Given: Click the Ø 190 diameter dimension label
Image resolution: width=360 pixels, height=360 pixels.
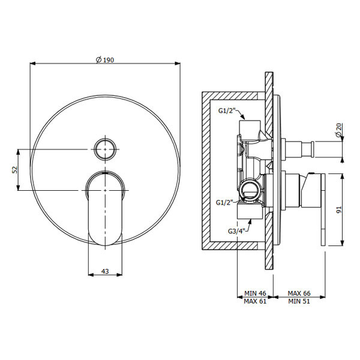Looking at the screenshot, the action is [x=104, y=60].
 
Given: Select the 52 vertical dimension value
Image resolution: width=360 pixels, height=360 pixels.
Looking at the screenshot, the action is [x=14, y=170].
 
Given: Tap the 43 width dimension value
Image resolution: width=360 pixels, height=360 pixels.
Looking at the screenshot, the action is [x=105, y=271].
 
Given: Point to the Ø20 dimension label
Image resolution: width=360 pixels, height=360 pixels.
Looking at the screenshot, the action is [x=338, y=130].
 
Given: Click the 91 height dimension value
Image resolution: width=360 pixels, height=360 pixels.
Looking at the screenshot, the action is [x=339, y=209].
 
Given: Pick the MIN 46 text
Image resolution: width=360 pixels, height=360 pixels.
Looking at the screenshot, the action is [x=255, y=293].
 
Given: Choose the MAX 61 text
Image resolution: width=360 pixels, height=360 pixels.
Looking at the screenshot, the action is [x=255, y=301].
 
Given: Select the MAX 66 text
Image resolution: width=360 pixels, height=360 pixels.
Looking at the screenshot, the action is [x=299, y=293].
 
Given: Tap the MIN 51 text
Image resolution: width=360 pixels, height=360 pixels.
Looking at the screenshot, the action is [x=299, y=301].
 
